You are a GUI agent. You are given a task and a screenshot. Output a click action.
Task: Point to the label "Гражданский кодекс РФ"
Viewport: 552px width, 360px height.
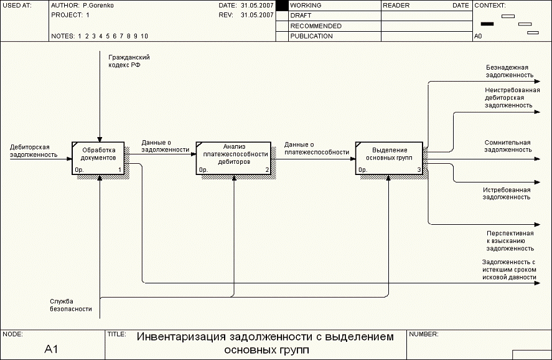(x=129, y=61)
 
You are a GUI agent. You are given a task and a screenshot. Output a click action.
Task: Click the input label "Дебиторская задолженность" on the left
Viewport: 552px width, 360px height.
(x=34, y=151)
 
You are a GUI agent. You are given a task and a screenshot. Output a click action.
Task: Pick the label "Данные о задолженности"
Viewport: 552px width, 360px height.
(x=165, y=146)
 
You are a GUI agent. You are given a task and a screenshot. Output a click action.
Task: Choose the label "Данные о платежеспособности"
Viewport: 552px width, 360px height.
(x=316, y=148)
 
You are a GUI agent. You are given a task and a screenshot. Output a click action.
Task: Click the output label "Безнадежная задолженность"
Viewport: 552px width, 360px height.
(x=509, y=71)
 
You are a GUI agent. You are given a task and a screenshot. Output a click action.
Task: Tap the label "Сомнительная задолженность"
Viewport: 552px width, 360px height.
(x=508, y=146)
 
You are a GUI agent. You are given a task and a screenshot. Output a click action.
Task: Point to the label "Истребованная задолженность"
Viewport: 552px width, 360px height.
(x=507, y=193)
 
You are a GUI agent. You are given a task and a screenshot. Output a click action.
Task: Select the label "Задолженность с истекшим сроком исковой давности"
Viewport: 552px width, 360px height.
(x=508, y=270)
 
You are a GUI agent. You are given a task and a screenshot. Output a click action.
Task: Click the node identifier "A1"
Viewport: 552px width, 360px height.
(x=52, y=349)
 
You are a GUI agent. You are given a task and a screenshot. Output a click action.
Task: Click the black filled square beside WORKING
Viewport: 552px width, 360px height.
(x=282, y=5)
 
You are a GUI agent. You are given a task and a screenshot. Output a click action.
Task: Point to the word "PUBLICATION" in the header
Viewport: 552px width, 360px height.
(x=311, y=36)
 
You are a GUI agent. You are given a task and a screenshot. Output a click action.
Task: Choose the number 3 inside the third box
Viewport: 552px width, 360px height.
(x=419, y=169)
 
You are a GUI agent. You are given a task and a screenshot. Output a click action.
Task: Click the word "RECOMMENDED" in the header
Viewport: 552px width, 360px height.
(x=316, y=26)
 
